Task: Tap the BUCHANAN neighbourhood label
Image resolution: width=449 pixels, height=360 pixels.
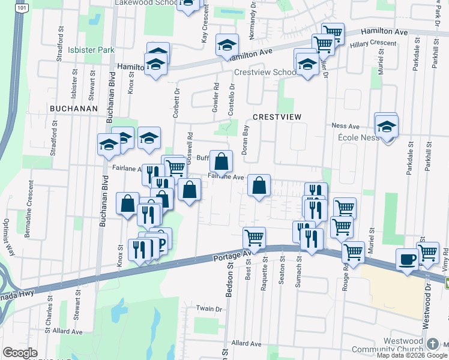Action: [73, 108]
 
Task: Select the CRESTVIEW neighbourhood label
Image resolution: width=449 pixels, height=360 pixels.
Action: [276, 116]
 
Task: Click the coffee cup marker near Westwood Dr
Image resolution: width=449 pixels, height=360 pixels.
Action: [407, 259]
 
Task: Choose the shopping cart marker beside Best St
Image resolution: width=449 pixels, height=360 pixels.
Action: [254, 237]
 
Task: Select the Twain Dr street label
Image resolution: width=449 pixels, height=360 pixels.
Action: [209, 308]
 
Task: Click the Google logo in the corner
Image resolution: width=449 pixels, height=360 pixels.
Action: [20, 353]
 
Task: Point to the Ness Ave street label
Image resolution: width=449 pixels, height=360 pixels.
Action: [345, 127]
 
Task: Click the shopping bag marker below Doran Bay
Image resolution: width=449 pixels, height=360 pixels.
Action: [259, 186]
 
